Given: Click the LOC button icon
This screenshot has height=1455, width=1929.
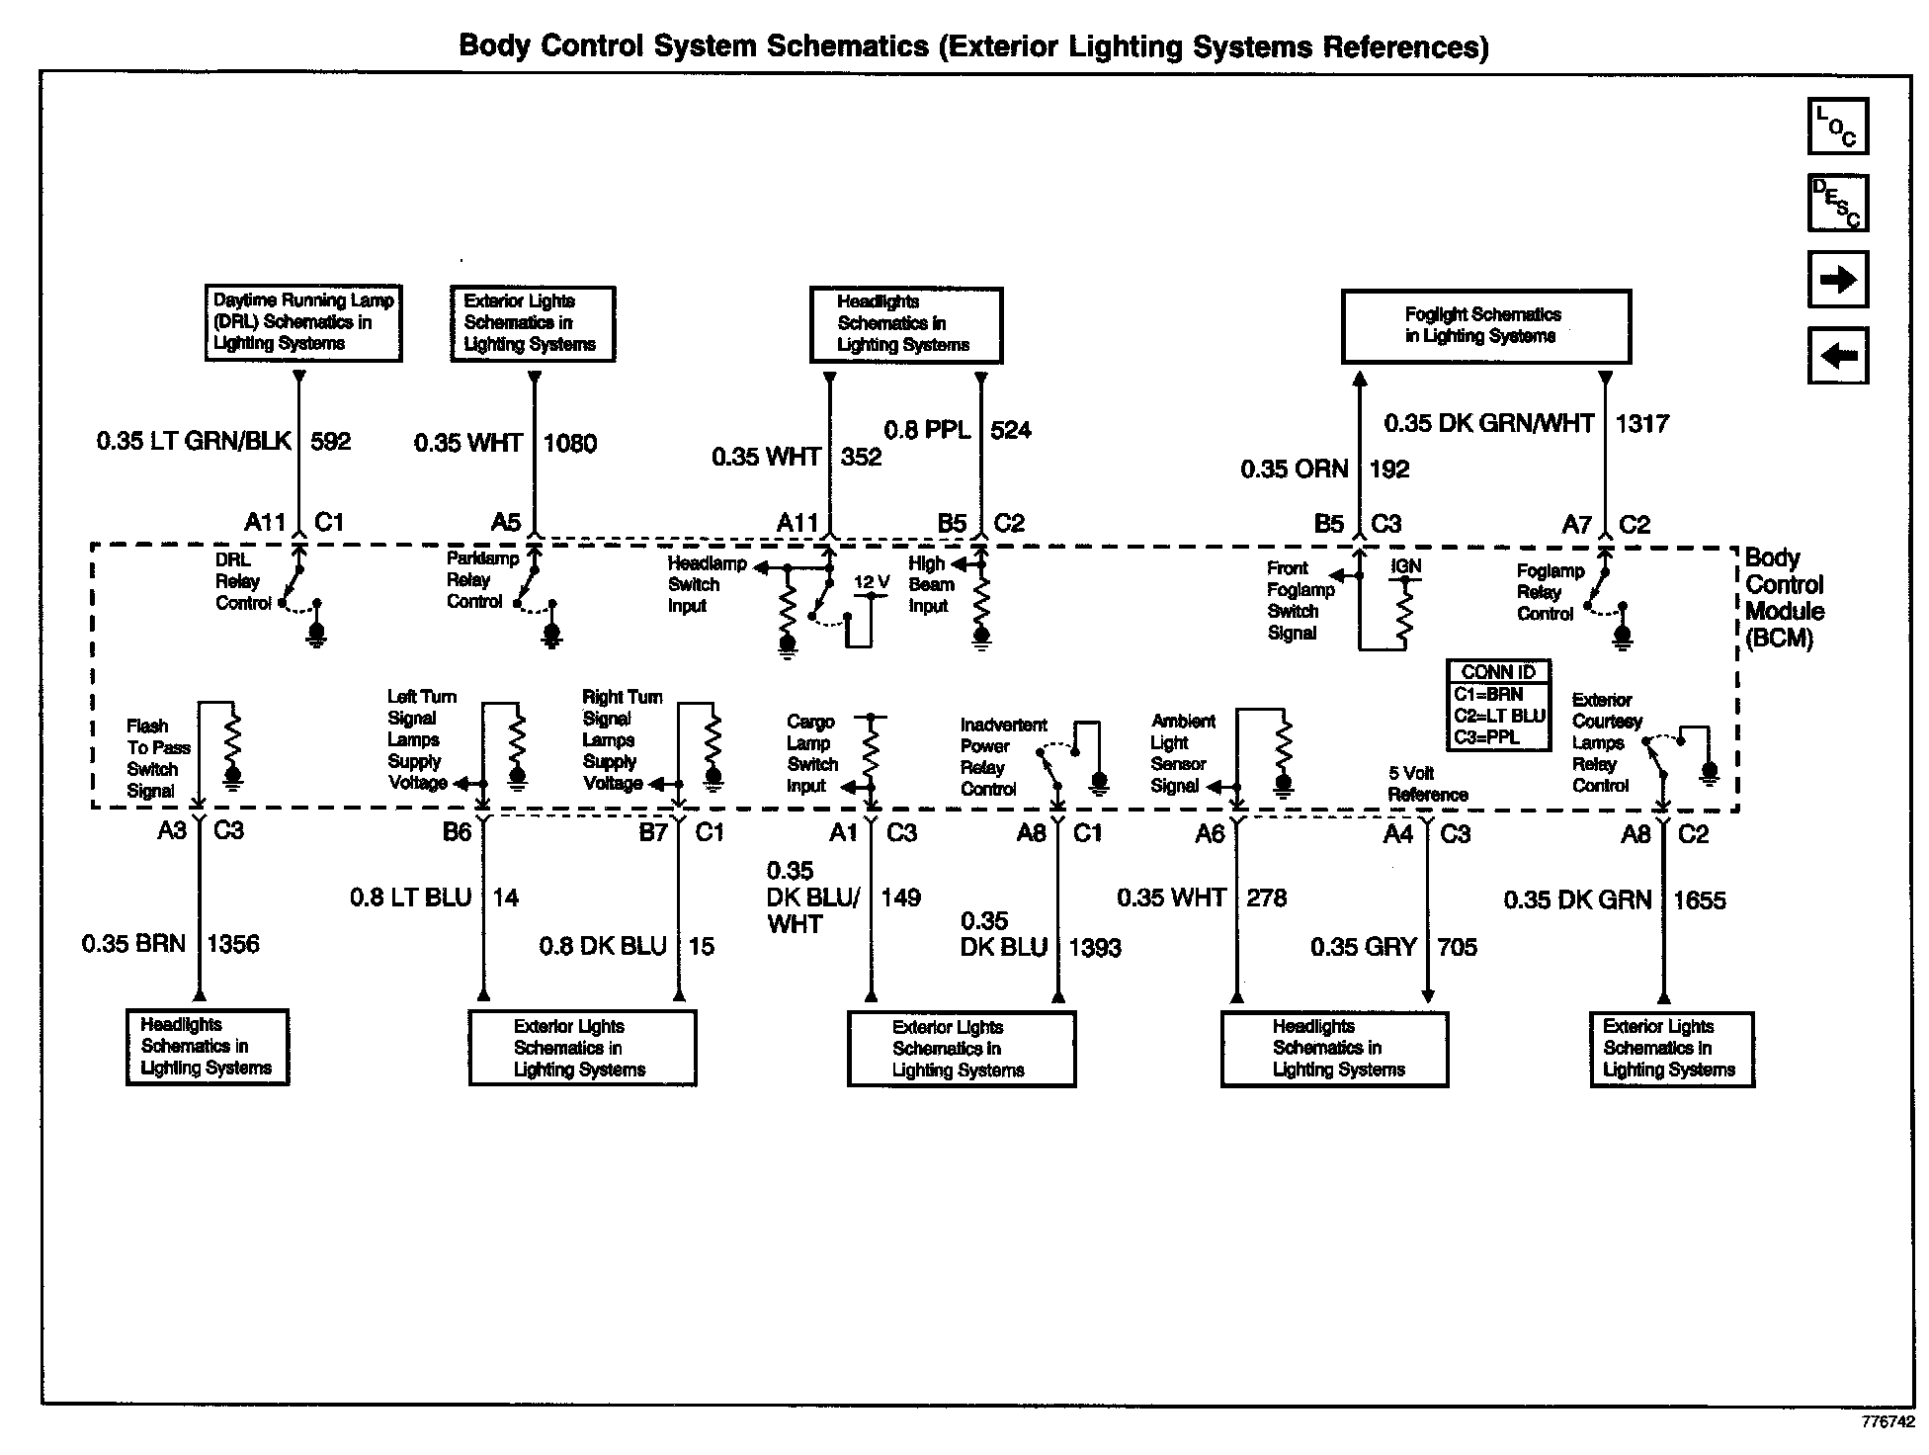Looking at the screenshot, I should click(x=1837, y=127).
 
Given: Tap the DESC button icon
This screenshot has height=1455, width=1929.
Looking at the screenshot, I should click(x=1837, y=204).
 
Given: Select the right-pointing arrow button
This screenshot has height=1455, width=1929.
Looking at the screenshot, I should click(x=1837, y=280).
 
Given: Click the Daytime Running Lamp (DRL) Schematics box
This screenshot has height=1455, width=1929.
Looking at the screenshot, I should click(x=303, y=322).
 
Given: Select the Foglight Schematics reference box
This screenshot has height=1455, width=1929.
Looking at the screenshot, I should click(x=1485, y=325).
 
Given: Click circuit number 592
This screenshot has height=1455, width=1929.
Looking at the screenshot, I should click(x=331, y=441).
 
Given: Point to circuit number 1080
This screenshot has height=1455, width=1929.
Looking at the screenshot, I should click(x=570, y=443).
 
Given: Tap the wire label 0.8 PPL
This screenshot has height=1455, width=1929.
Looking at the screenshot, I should click(x=926, y=430).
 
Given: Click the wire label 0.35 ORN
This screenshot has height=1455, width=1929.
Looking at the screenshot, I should click(x=1294, y=470).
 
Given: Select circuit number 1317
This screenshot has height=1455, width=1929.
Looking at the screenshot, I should click(x=1641, y=424).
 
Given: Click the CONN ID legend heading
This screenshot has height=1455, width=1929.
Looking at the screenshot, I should click(x=1498, y=672).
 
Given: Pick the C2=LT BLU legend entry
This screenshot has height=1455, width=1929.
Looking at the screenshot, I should click(x=1498, y=716).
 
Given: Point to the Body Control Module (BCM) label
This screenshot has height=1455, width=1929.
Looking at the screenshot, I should click(x=1784, y=598).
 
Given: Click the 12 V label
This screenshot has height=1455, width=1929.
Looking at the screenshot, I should click(x=871, y=582).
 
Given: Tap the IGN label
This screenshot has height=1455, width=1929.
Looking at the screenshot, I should click(x=1405, y=566).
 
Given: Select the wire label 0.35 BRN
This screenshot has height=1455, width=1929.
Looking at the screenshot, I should click(x=133, y=944).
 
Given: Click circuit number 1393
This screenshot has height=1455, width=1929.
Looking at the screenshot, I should click(x=1094, y=948).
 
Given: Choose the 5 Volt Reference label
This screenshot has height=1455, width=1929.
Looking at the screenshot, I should click(x=1427, y=784).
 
